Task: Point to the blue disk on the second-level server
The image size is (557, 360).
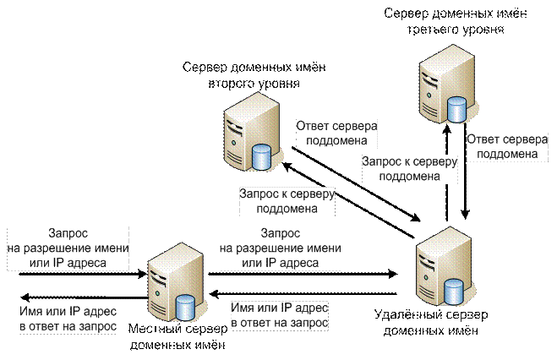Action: point(262,155)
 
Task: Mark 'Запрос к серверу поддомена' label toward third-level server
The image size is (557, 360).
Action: point(409,169)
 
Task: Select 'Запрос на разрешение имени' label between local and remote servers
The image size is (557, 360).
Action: point(280,248)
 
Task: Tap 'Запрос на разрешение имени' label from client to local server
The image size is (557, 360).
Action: point(68,248)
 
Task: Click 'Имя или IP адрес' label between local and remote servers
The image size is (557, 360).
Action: point(280,315)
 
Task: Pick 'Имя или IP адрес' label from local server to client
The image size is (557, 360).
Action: point(67,315)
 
